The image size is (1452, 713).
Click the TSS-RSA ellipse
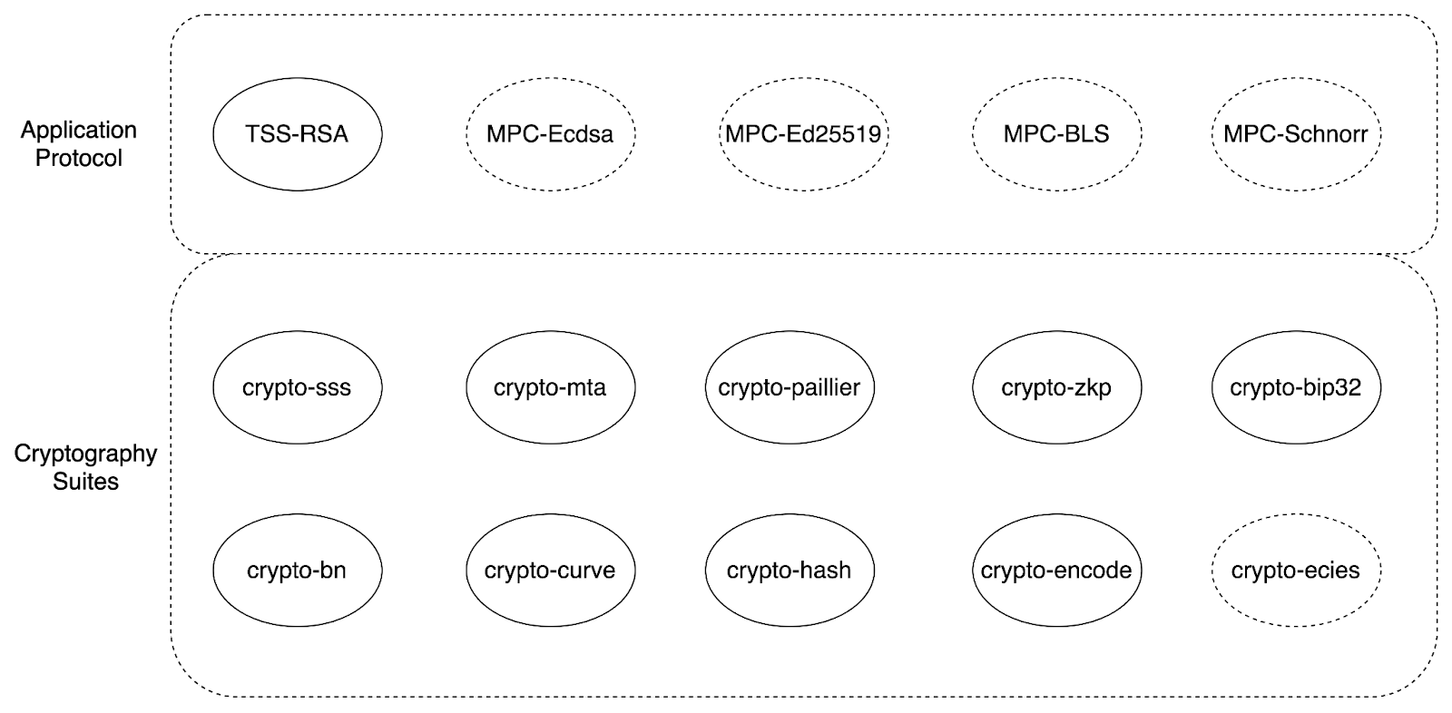(x=298, y=134)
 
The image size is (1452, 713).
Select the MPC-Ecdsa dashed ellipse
(x=550, y=134)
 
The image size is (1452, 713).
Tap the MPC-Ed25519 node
(x=804, y=134)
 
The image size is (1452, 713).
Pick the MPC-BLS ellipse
(x=1056, y=134)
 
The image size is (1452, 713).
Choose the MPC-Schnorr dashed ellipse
(x=1297, y=134)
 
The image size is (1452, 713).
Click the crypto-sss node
(x=298, y=387)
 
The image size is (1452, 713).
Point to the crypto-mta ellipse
(x=550, y=387)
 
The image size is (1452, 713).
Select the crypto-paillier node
(x=790, y=387)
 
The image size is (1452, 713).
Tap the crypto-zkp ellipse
(x=1056, y=387)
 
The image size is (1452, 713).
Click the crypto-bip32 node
(x=1297, y=387)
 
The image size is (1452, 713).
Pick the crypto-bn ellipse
(x=298, y=571)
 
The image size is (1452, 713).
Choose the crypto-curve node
(x=550, y=571)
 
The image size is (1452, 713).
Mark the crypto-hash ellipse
(x=790, y=571)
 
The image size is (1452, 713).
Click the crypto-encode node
(x=1056, y=571)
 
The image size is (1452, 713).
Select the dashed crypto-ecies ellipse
(x=1297, y=571)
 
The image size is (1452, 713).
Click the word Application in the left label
(x=78, y=131)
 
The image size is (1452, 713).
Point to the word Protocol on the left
(x=78, y=158)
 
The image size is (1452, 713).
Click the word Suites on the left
(x=85, y=482)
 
